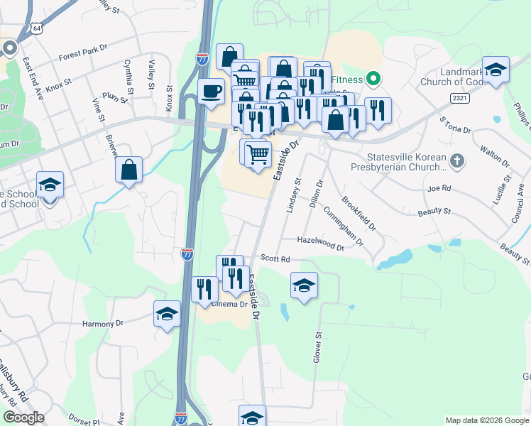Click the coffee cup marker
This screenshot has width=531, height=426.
pyautogui.click(x=212, y=92)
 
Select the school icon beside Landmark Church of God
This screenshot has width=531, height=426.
pyautogui.click(x=496, y=70)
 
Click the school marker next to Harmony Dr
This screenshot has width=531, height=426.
pyautogui.click(x=167, y=313)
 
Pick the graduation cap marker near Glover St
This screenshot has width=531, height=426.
pyautogui.click(x=304, y=285)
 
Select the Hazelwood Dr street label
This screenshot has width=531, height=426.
pyautogui.click(x=320, y=244)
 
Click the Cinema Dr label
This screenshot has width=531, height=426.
pyautogui.click(x=229, y=305)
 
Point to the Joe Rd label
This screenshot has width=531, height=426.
pyautogui.click(x=439, y=189)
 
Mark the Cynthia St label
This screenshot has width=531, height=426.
pyautogui.click(x=129, y=77)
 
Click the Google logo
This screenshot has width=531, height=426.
pyautogui.click(x=23, y=417)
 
